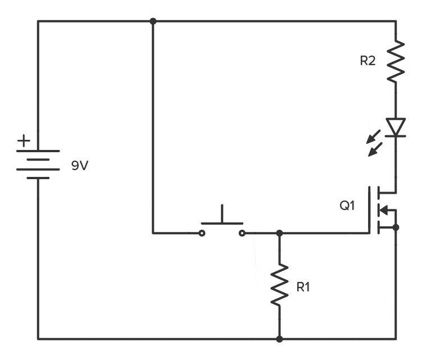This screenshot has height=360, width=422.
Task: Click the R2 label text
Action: click(367, 61)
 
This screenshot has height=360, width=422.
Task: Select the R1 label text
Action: click(303, 287)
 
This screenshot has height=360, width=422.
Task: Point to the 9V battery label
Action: click(80, 166)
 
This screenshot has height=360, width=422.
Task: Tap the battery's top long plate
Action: click(38, 151)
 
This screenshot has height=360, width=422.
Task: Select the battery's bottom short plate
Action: click(38, 178)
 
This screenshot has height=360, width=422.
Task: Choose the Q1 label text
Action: click(347, 206)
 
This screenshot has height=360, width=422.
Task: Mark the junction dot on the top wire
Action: click(153, 21)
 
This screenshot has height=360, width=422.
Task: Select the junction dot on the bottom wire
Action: click(279, 339)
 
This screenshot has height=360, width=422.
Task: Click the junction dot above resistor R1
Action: click(279, 233)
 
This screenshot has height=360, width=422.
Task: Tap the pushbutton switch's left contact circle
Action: click(202, 233)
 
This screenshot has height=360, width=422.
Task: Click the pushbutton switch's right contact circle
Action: click(242, 233)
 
